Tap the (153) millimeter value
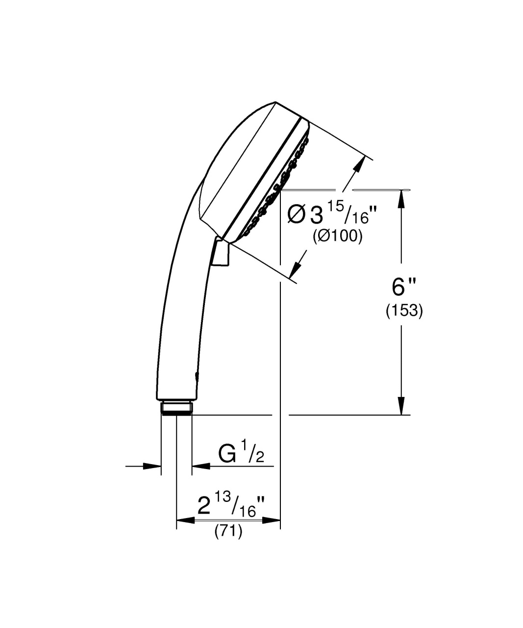[404, 311]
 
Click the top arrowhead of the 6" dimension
[401, 199]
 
